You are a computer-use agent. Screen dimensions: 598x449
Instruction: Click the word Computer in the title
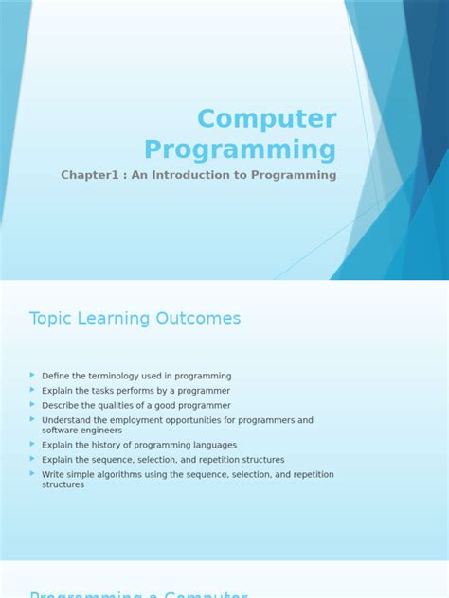click(266, 119)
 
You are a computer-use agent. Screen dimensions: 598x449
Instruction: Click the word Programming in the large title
click(240, 149)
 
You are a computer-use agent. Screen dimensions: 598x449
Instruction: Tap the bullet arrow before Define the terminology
click(33, 375)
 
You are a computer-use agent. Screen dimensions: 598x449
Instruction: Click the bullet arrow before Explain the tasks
click(33, 390)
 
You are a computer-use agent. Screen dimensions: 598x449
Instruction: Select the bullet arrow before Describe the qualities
click(33, 404)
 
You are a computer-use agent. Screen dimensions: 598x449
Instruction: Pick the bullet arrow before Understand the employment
click(33, 419)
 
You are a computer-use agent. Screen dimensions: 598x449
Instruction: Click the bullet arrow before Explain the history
click(33, 444)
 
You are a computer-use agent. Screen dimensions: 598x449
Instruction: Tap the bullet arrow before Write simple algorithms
click(33, 473)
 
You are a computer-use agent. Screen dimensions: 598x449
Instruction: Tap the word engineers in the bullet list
click(100, 431)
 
